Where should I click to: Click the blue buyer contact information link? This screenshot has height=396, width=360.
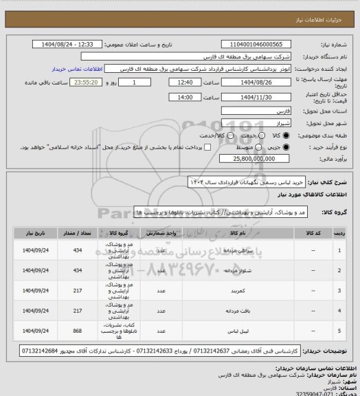(81, 69)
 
